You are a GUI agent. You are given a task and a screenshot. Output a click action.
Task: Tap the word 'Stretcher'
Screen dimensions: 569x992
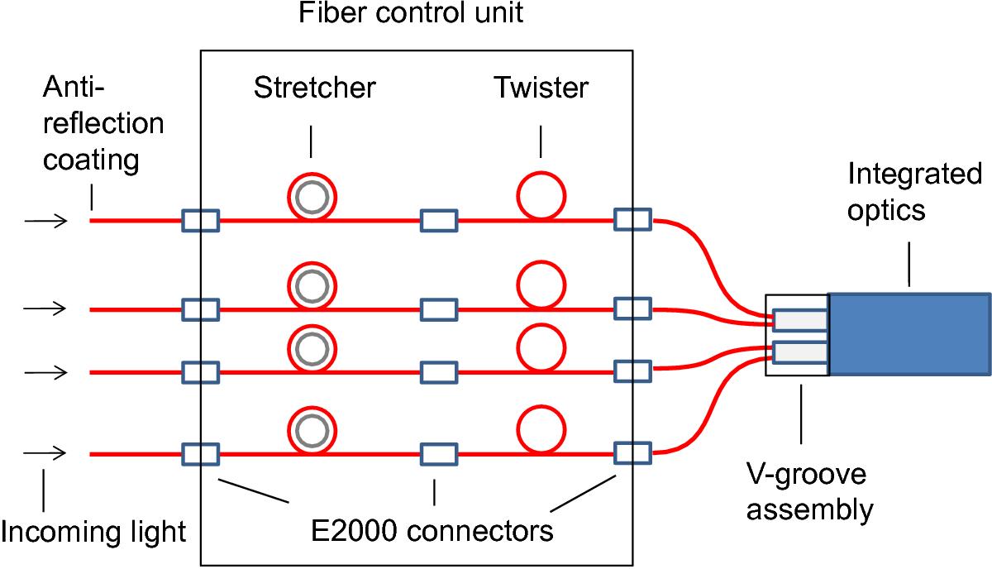pyautogui.click(x=315, y=87)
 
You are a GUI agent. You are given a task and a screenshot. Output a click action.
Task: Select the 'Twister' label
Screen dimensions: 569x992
pyautogui.click(x=541, y=87)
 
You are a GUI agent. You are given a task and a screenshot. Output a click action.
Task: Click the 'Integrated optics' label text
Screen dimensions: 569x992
pyautogui.click(x=914, y=192)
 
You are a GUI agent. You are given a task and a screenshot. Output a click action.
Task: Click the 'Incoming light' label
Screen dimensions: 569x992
pyautogui.click(x=93, y=531)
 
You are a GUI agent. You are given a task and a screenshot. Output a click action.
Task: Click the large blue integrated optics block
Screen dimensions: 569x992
pyautogui.click(x=909, y=334)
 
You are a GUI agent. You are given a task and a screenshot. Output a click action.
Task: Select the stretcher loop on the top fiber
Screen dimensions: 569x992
pyautogui.click(x=312, y=198)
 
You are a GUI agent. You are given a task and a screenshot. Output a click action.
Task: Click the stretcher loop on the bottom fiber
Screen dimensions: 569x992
pyautogui.click(x=312, y=431)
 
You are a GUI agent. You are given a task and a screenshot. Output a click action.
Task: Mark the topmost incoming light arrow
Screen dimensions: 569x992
pyautogui.click(x=45, y=221)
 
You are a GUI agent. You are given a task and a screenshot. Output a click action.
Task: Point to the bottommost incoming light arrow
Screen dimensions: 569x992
pyautogui.click(x=45, y=454)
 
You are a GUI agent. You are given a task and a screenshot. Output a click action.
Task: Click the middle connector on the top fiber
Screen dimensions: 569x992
pyautogui.click(x=439, y=221)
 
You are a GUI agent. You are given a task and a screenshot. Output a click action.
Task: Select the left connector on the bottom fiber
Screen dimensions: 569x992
pyautogui.click(x=200, y=454)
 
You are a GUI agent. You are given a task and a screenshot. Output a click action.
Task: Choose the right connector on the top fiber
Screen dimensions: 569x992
pyautogui.click(x=633, y=220)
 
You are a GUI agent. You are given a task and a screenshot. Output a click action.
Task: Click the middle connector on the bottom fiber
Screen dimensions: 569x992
pyautogui.click(x=439, y=454)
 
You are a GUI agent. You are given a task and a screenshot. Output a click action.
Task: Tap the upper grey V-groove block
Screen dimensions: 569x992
pyautogui.click(x=799, y=319)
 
